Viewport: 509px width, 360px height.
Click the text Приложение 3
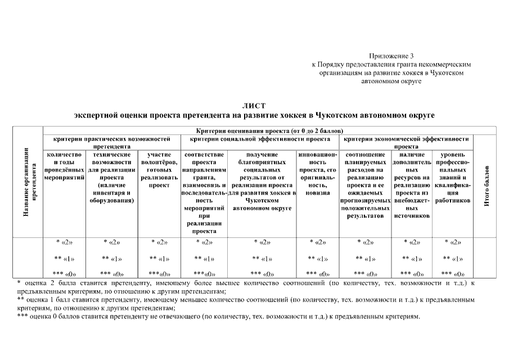coord(391,56)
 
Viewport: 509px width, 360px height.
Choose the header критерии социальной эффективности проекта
coord(260,138)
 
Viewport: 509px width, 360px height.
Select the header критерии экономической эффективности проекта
coord(406,141)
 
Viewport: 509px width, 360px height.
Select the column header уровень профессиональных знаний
coord(453,177)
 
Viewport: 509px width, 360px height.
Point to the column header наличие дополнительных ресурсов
coord(412,184)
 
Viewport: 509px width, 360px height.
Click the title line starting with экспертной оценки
coord(254,115)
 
